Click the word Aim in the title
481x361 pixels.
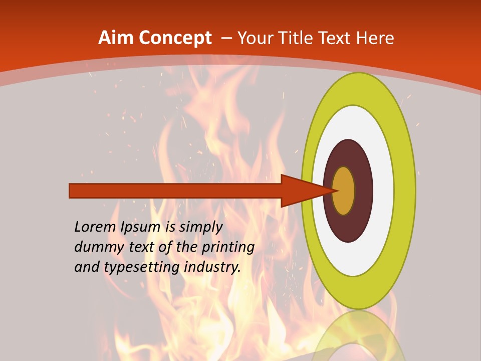(x=116, y=38)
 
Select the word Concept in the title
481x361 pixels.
(x=175, y=38)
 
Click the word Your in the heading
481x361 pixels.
(x=256, y=38)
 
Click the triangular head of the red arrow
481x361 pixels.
(x=301, y=191)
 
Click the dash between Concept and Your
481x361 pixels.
(x=226, y=38)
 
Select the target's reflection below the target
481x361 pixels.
(x=358, y=338)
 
